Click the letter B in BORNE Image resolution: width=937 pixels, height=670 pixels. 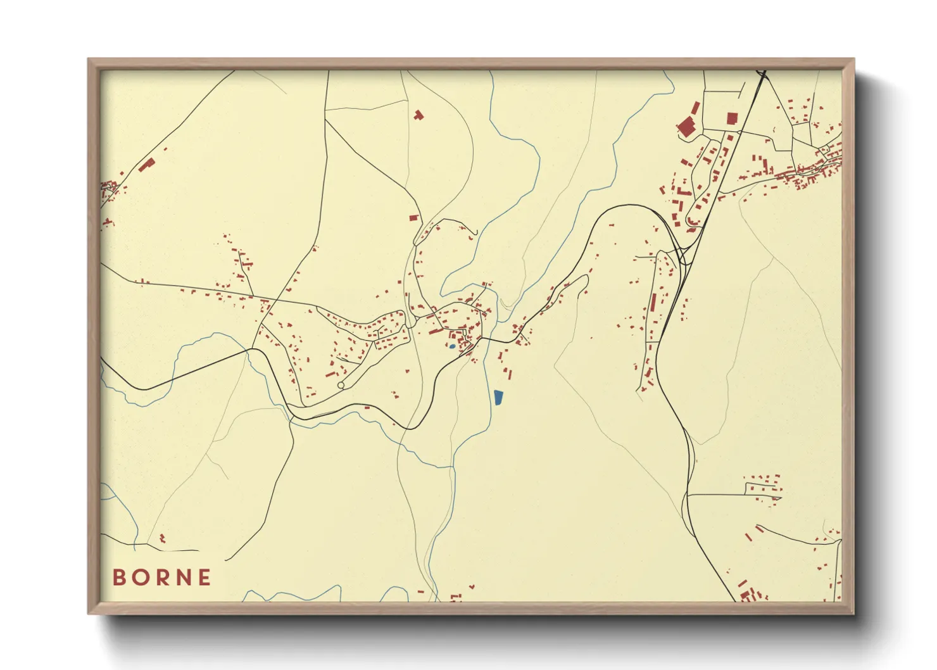coord(119,578)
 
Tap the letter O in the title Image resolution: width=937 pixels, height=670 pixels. coord(140,578)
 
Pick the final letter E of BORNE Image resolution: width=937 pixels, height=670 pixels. coord(204,578)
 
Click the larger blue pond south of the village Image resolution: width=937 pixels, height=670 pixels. coord(498,398)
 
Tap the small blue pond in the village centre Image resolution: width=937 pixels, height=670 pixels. coord(451,346)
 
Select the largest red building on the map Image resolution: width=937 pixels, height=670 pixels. coord(686,127)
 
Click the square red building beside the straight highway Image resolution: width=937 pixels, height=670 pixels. coord(732,118)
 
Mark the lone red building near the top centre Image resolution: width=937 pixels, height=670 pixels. coord(418,115)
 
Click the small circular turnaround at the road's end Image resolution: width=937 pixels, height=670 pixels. coord(341,385)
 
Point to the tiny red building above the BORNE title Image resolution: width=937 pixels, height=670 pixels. coord(162,538)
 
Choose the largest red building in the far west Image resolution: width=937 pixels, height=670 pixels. coord(147,165)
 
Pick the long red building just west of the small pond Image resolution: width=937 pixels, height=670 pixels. coord(436,331)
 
